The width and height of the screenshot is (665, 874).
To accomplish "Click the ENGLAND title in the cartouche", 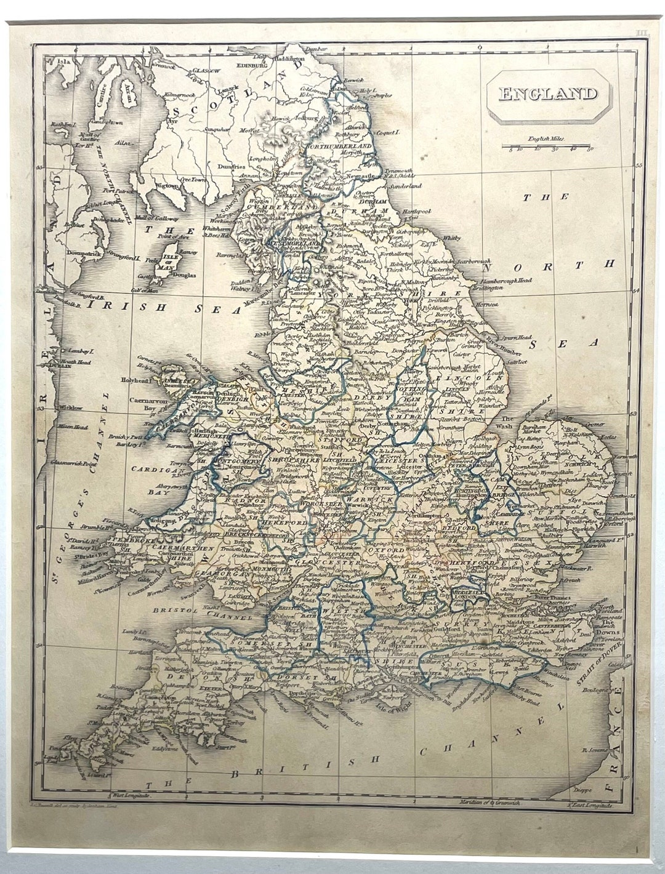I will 547,94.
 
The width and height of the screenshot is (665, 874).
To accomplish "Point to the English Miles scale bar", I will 546,147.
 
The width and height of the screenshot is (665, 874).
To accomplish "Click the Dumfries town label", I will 232,166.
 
